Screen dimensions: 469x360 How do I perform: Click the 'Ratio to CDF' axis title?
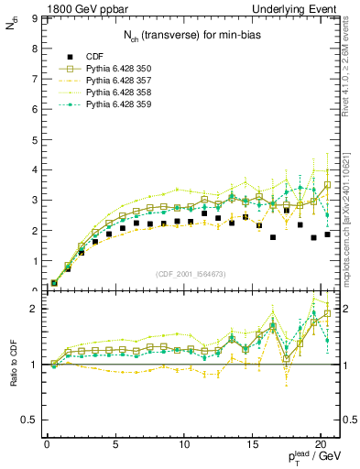(12, 377)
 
